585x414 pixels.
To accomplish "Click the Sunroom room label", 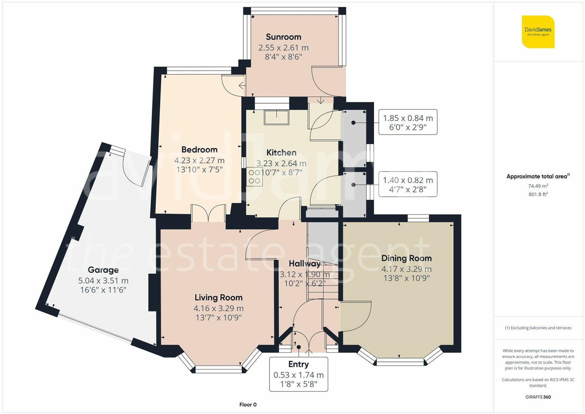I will coord(283,37).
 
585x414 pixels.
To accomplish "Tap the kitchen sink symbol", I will coord(276,118).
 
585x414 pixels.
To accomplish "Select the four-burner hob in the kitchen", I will coord(254,177).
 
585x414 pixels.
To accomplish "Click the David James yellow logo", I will coord(538,32).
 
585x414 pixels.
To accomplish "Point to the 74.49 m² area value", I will coord(538,186).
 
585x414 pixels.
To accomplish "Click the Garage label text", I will coord(103,270).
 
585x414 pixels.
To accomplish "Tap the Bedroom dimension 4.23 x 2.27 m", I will coord(199,160).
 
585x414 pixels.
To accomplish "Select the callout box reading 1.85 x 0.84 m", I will coord(408,122).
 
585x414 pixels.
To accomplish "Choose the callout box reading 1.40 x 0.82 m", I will coord(408,184).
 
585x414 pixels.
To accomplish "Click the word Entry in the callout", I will coord(298,364).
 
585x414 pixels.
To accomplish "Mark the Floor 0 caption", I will coord(248,405).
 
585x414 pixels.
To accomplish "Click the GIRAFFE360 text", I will coord(538,397).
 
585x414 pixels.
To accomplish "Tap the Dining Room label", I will coord(406,258).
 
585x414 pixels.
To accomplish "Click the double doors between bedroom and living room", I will coord(208,214).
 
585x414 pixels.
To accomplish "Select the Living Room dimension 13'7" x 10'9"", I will coord(218,318).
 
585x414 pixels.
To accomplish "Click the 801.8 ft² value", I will coord(538,194).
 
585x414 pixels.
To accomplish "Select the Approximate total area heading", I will coord(538,176).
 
